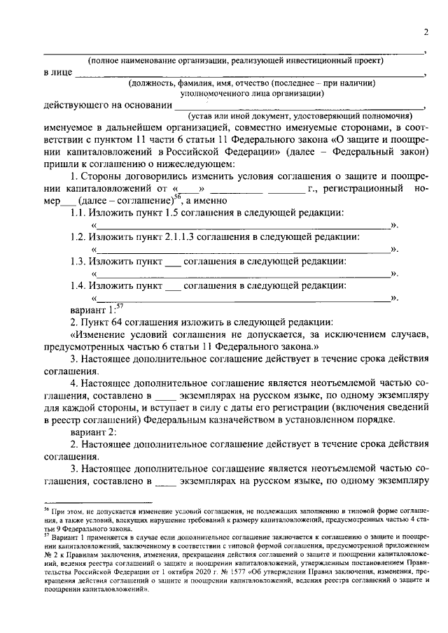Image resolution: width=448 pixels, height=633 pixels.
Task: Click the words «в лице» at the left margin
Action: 57,73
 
